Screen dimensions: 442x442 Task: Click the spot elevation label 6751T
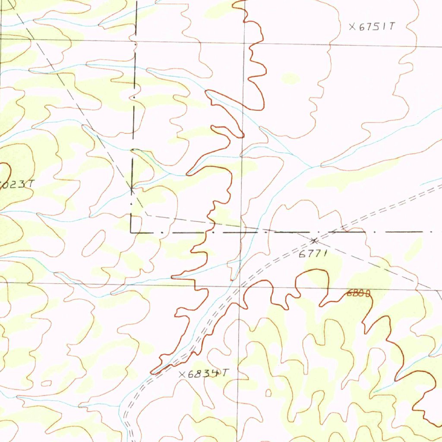372,26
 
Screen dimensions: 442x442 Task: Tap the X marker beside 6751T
352,27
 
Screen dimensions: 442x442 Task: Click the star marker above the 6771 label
314,240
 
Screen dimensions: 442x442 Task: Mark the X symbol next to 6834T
182,374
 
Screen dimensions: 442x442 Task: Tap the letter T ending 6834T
224,373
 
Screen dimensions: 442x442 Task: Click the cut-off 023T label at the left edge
17,183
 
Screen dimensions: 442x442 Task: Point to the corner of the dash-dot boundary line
131,232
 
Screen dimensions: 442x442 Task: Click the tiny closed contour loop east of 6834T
268,392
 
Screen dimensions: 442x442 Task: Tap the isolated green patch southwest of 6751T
290,79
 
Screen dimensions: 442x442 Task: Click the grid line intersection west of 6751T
244,44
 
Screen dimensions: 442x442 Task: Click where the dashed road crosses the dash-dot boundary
335,232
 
